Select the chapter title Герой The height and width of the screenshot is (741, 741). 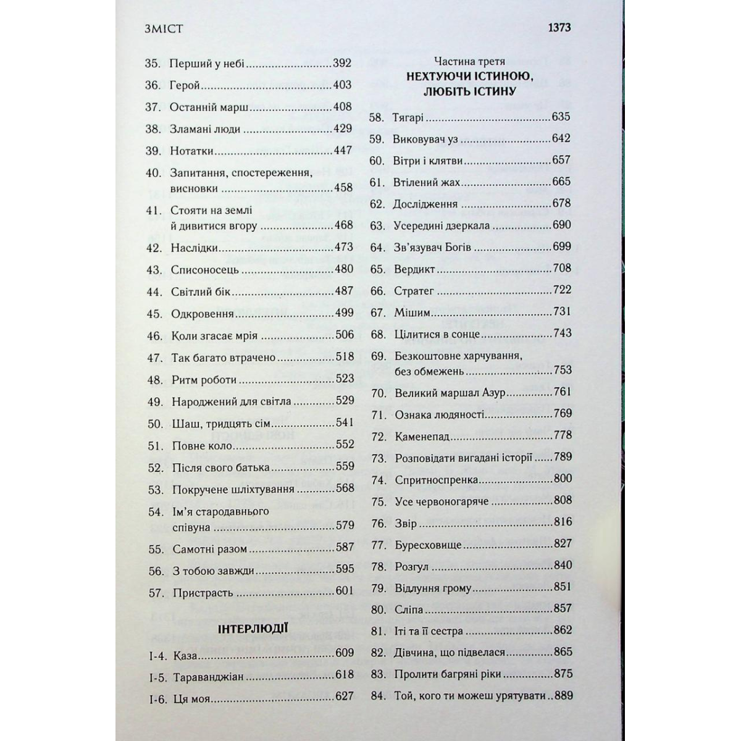pyautogui.click(x=185, y=85)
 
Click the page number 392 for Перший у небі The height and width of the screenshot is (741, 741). pyautogui.click(x=341, y=63)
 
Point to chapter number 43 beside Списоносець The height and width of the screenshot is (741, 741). pyautogui.click(x=154, y=270)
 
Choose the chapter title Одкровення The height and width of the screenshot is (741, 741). pyautogui.click(x=202, y=314)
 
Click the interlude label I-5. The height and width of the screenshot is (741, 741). pyautogui.click(x=158, y=677)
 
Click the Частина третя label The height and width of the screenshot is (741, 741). pyautogui.click(x=469, y=61)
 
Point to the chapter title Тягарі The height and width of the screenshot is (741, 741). pyautogui.click(x=408, y=117)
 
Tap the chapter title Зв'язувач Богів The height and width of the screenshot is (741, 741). pyautogui.click(x=432, y=247)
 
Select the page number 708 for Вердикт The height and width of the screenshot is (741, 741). pyautogui.click(x=562, y=268)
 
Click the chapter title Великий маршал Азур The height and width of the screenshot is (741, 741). pyautogui.click(x=450, y=393)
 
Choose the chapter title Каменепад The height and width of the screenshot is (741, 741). pyautogui.click(x=422, y=437)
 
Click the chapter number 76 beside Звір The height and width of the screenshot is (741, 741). pyautogui.click(x=379, y=524)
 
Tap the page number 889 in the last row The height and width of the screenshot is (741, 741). pyautogui.click(x=563, y=695)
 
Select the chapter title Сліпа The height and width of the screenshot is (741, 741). pyautogui.click(x=409, y=609)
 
